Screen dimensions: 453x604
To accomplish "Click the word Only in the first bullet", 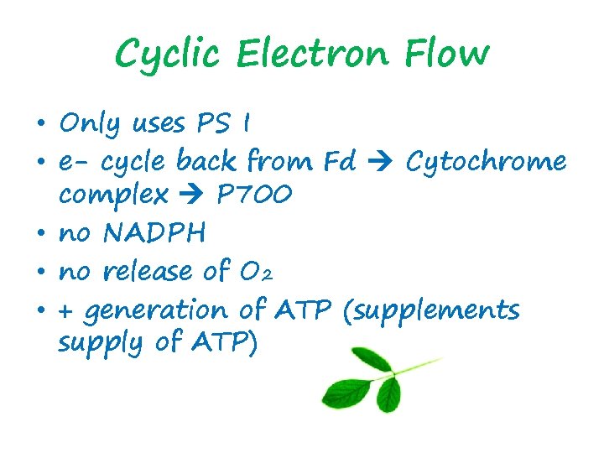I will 91,124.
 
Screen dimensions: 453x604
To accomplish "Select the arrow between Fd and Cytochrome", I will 382,161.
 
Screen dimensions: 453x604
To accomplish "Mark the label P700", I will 254,195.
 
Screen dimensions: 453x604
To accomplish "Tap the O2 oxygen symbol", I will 283,271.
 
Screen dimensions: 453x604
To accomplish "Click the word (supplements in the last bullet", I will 431,310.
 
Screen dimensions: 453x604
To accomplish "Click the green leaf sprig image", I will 377,377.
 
